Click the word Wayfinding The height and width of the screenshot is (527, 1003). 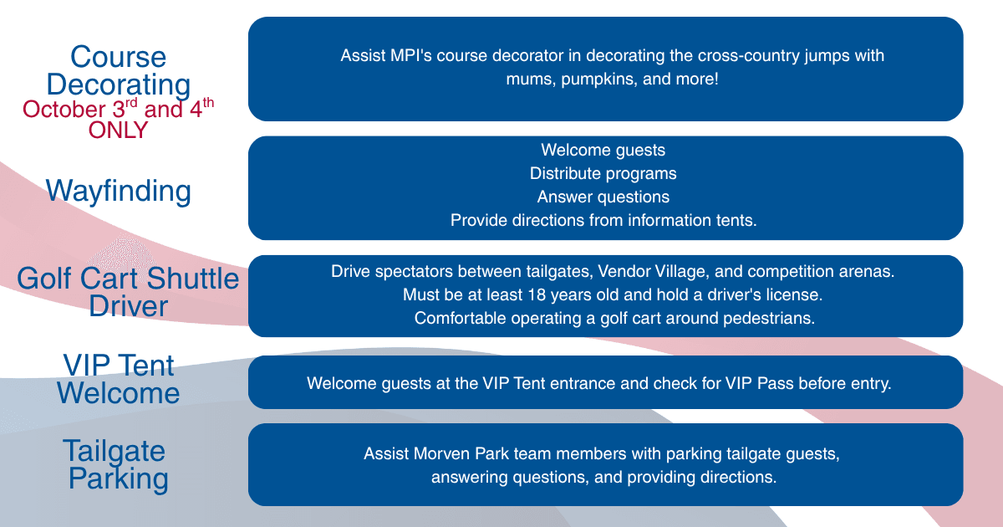coord(118,192)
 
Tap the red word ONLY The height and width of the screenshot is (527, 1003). coord(118,130)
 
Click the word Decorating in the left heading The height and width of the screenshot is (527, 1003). coord(118,85)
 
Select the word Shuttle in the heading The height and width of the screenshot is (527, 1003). coord(192,279)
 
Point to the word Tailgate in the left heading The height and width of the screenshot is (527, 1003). coord(115,451)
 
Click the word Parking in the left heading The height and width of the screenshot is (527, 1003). coord(118,479)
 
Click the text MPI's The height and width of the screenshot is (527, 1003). coord(411,55)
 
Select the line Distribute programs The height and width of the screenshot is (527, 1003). coord(603,173)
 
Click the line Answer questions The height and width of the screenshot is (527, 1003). coord(603,197)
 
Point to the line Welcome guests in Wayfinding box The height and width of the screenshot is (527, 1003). coord(603,150)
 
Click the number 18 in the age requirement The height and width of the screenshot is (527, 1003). coord(537,294)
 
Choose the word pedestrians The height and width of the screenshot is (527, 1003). coord(769,318)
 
